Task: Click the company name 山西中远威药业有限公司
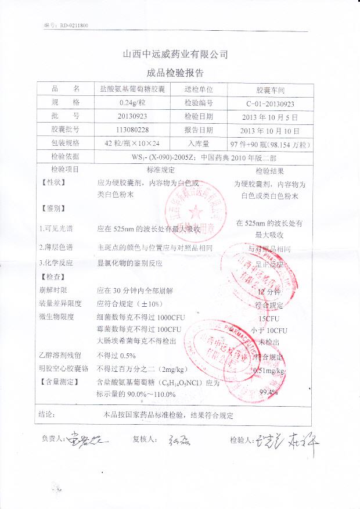point(175,55)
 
